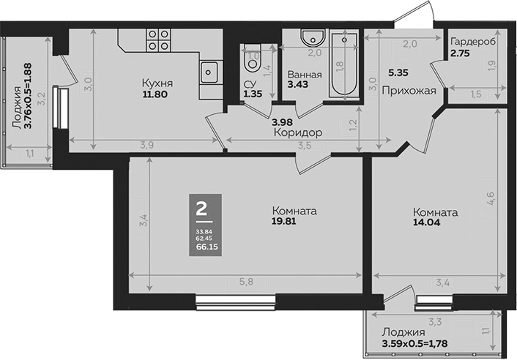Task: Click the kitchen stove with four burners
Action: (159, 40)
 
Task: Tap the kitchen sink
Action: (209, 72)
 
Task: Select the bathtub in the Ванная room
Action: (342, 65)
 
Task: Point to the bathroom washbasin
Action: (314, 37)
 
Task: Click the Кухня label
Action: (157, 83)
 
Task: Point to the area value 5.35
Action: (398, 73)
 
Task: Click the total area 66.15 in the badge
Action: (207, 247)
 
